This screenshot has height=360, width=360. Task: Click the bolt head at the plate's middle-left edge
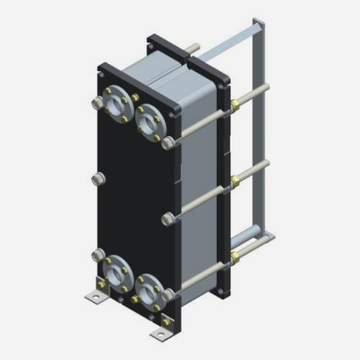tap(98, 176)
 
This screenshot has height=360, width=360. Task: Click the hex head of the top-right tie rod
tap(168, 145)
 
